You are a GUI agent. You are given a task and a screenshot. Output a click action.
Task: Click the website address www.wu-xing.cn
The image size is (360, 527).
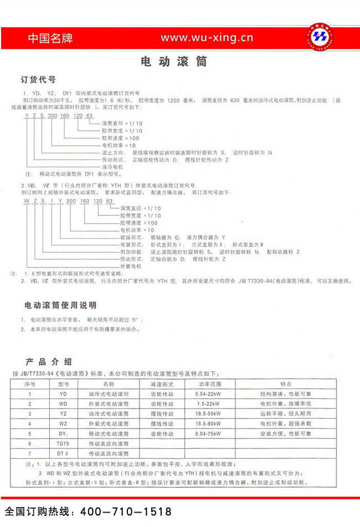point(207,38)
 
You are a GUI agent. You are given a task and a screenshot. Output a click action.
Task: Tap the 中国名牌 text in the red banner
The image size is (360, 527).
point(50,39)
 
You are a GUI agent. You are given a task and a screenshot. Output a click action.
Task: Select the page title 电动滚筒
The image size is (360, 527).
point(174,61)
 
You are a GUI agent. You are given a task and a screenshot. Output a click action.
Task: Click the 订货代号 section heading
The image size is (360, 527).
point(38,80)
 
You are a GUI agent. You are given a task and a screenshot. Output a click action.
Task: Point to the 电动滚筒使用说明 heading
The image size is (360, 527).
point(60,305)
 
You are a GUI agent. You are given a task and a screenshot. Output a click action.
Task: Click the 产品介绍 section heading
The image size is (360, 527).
point(48,361)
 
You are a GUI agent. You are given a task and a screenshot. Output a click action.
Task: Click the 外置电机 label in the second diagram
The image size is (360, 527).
point(131,266)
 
